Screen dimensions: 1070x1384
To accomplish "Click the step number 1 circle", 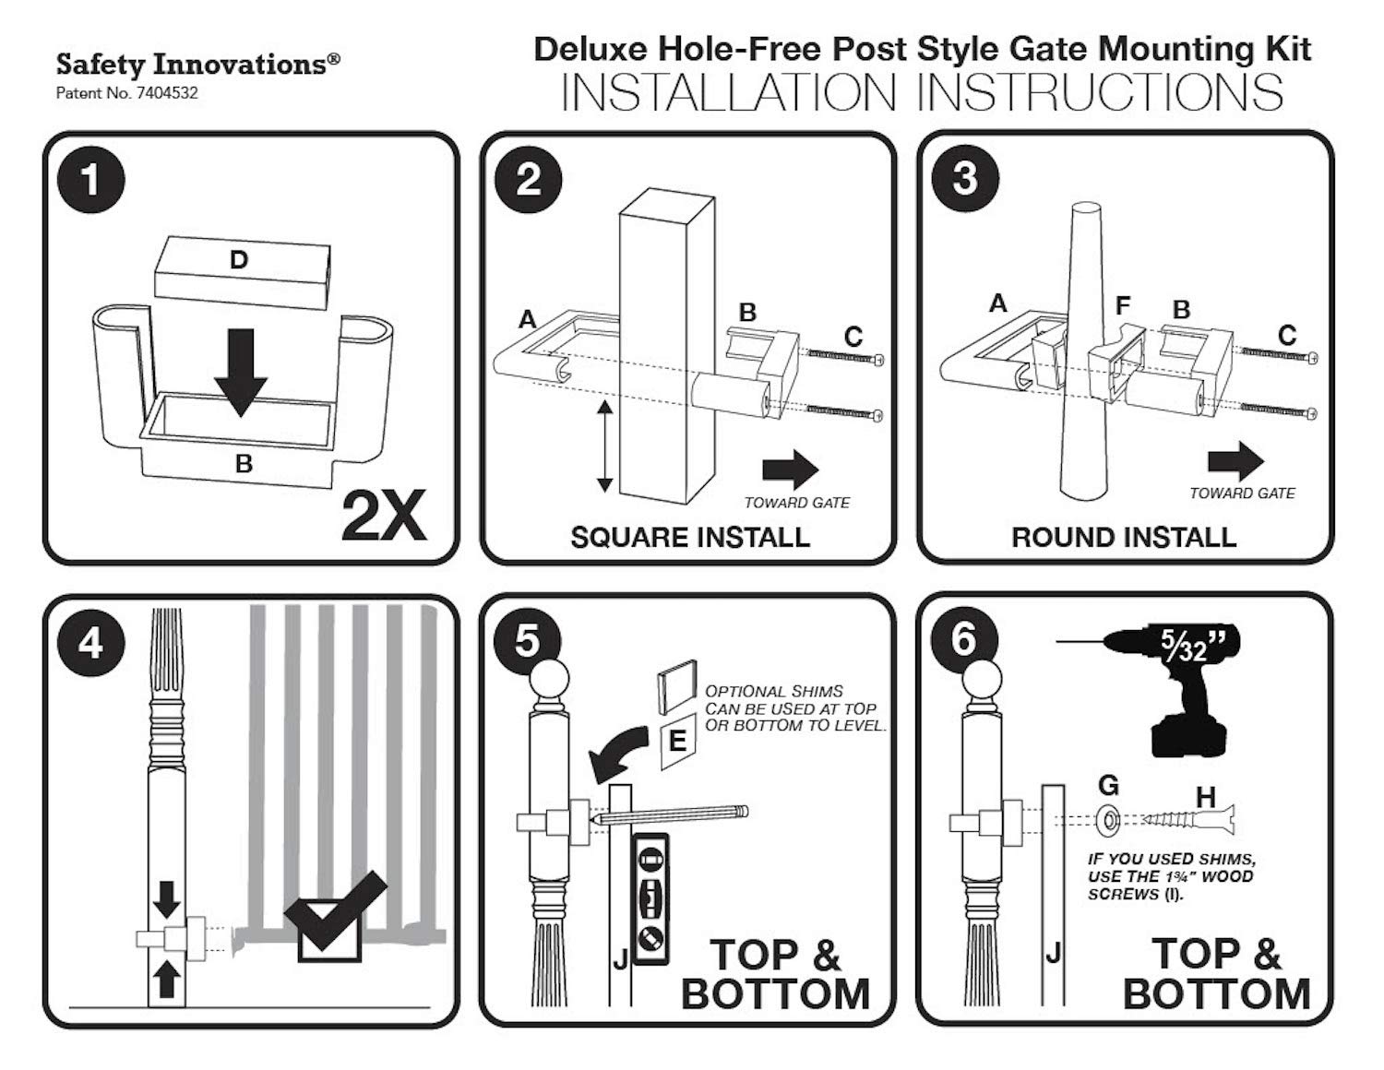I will click(90, 179).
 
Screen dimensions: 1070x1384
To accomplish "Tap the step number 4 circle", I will click(90, 642).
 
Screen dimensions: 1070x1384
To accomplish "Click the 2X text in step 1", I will click(384, 517).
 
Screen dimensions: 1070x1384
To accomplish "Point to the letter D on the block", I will click(239, 261).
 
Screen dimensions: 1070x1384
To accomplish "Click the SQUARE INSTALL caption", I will click(689, 538).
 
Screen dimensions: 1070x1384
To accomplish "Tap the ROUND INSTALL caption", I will click(1123, 538).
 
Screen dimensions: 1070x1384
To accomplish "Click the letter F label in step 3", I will click(1122, 305).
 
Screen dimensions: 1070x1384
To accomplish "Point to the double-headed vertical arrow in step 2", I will click(604, 446).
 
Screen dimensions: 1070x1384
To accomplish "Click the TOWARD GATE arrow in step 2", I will click(790, 470).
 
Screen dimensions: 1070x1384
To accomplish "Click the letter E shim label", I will click(677, 741).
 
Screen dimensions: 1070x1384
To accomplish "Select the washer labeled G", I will click(1107, 818).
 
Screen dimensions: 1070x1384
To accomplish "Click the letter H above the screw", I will click(1205, 796).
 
